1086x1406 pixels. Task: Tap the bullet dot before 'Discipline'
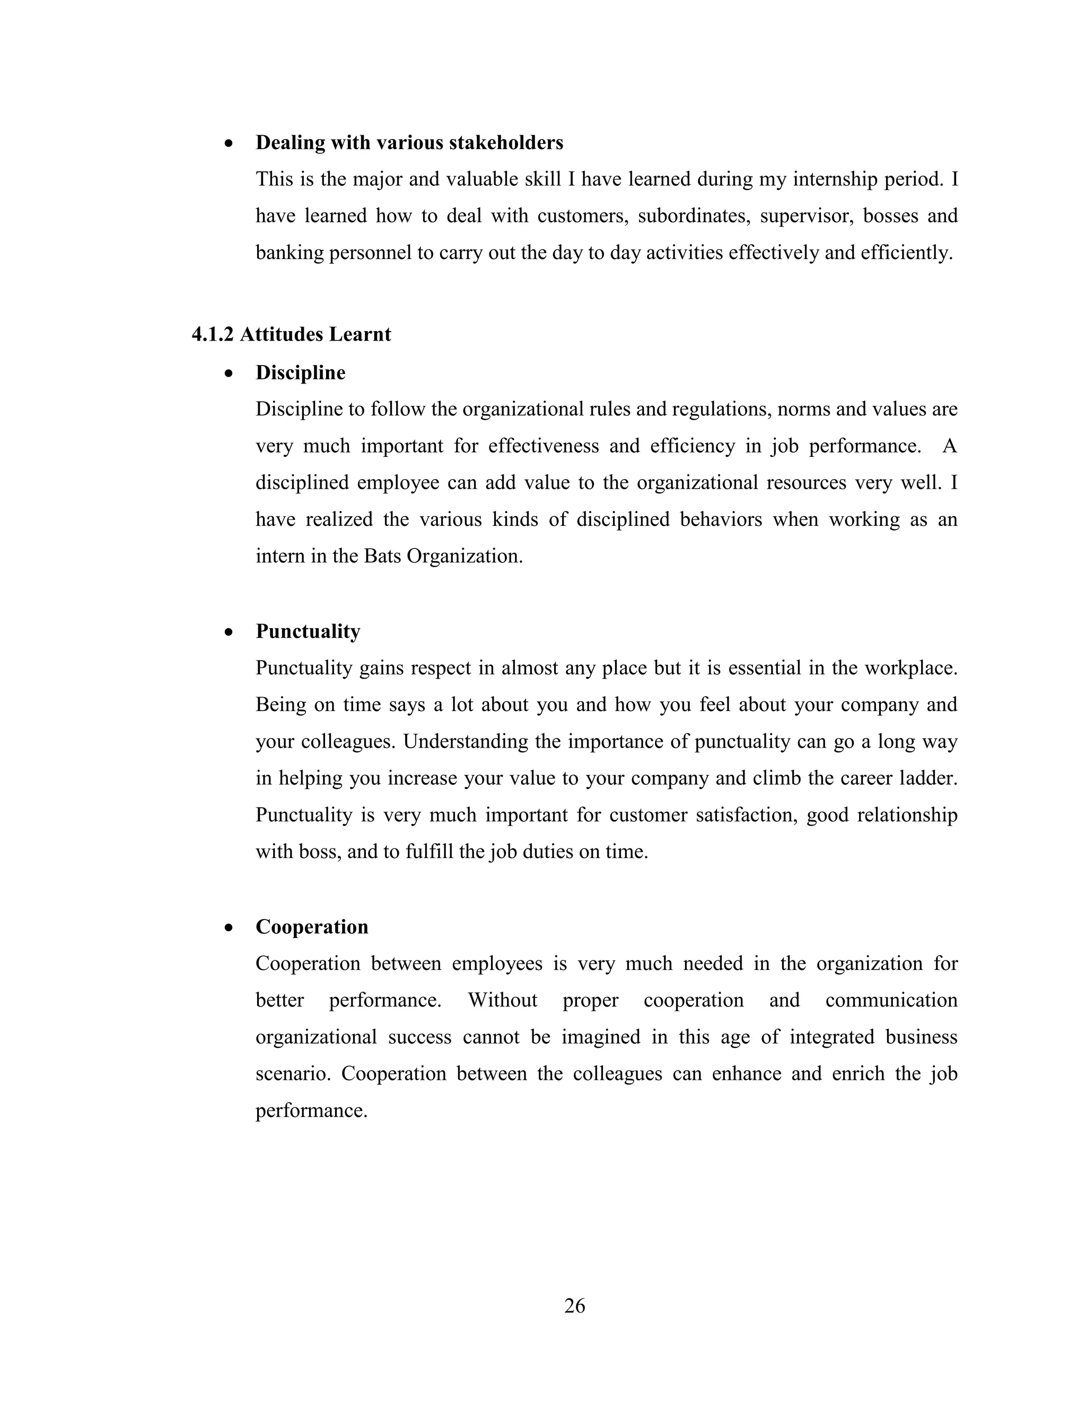point(229,374)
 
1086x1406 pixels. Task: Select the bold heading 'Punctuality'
point(308,631)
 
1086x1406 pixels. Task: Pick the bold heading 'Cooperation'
point(311,927)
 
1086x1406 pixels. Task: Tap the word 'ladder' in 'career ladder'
point(929,778)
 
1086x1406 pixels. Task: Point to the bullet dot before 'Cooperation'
point(229,927)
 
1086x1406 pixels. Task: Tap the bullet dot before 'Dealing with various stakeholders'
point(229,143)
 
